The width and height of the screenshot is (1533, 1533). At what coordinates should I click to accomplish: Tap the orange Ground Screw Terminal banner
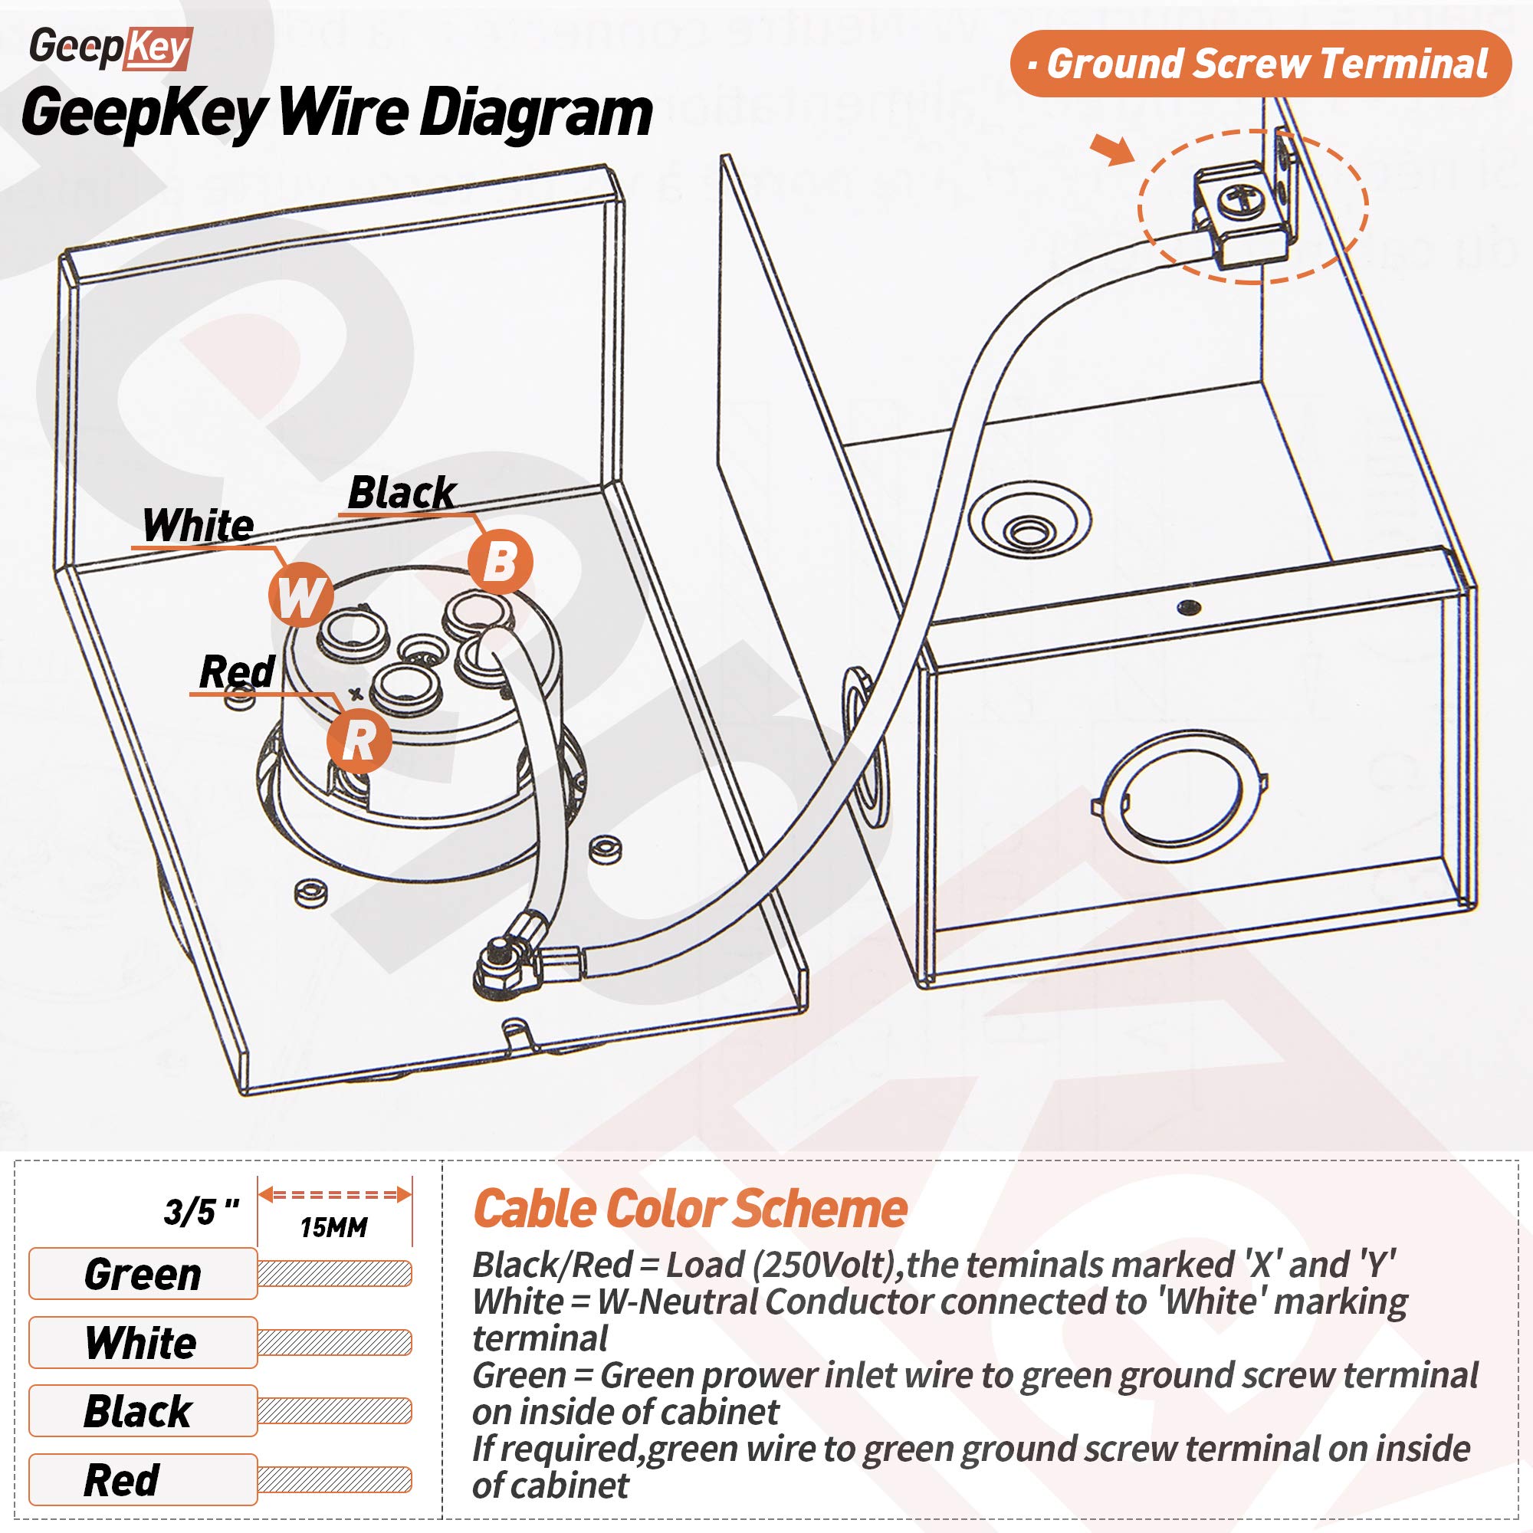1260,64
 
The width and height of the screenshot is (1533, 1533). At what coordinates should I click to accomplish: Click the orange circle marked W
300,595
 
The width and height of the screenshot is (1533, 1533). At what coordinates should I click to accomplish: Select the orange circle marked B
500,562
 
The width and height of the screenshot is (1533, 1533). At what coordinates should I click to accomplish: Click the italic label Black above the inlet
402,493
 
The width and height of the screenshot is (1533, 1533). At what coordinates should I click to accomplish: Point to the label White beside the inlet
199,525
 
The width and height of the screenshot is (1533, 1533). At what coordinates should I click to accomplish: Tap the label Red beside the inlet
236,671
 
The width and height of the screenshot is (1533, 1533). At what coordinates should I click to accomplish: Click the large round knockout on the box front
1182,796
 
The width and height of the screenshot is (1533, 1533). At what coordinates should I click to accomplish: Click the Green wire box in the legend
143,1275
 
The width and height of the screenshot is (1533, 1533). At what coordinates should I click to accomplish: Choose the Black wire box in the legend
143,1412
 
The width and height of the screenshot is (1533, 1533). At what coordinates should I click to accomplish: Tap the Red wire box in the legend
143,1480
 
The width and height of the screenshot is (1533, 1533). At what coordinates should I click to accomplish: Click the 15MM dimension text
334,1227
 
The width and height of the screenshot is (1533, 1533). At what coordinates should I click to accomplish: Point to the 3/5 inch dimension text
202,1212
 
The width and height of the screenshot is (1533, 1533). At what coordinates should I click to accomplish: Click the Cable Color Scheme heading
690,1210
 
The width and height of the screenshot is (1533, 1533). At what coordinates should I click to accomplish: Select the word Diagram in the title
536,113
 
